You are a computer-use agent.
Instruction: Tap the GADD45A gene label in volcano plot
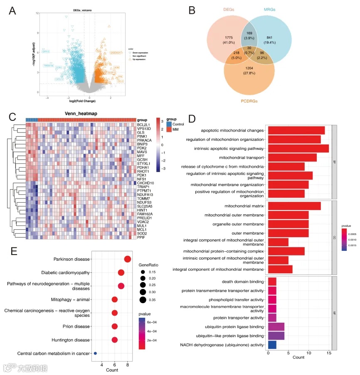pyautogui.click(x=116, y=53)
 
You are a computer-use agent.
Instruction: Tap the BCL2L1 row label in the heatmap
pyautogui.click(x=143, y=124)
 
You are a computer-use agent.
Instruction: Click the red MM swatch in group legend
pyautogui.click(x=169, y=130)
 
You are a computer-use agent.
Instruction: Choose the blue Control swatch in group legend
pyautogui.click(x=169, y=124)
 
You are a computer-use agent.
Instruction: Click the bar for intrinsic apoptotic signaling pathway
pyautogui.click(x=298, y=148)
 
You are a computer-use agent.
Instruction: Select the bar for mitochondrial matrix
pyautogui.click(x=294, y=206)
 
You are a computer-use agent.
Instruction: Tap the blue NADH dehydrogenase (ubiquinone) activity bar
pyautogui.click(x=272, y=344)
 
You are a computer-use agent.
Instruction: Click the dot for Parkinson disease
pyautogui.click(x=128, y=259)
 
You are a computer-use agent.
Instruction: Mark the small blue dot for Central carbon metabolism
pyautogui.click(x=95, y=353)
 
